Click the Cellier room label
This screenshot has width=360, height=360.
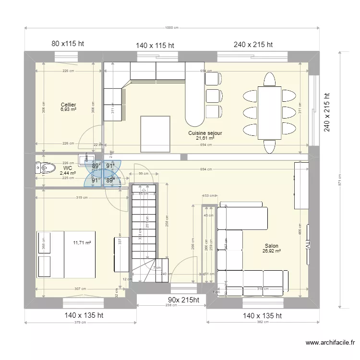point(68,104)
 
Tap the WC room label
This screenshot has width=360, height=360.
point(67,168)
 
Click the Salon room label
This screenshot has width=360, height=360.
point(271,246)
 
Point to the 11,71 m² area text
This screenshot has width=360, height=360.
point(82,243)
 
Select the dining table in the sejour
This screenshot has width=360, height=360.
point(269,112)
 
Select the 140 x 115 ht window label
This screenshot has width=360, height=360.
point(155,46)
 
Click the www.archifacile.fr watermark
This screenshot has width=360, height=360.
point(330,343)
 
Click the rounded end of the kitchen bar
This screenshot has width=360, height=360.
point(194,117)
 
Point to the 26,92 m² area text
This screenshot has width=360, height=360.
point(271,251)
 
